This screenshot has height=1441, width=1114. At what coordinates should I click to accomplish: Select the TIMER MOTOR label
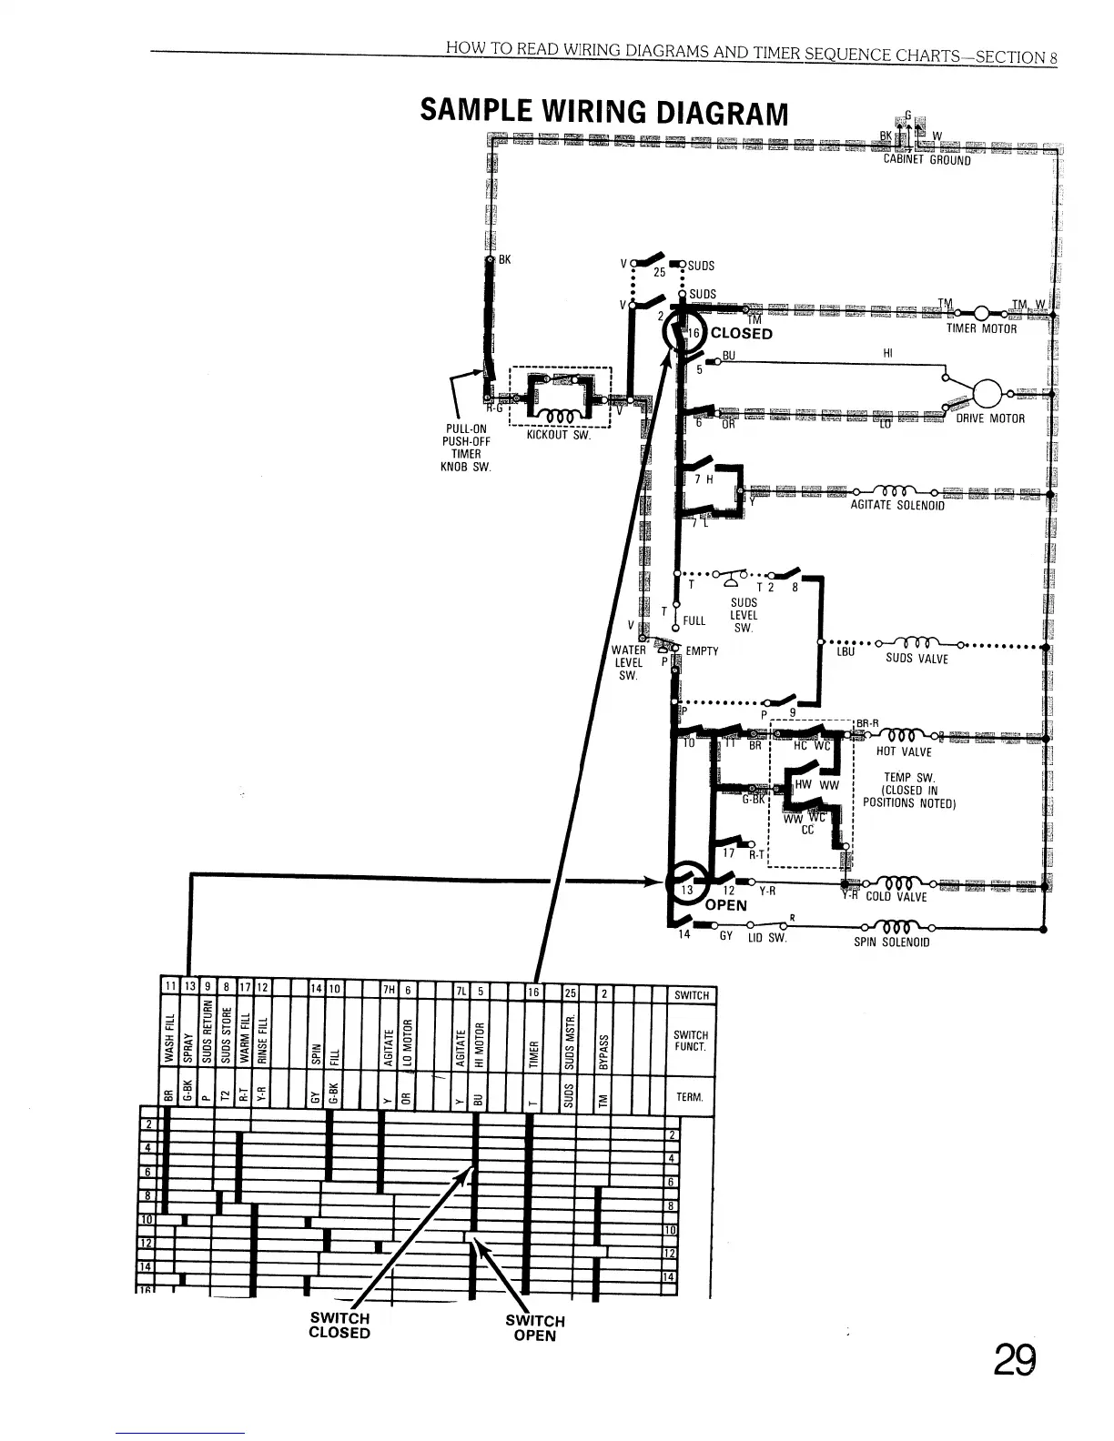pos(980,329)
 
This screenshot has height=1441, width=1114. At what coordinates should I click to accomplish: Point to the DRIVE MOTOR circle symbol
pos(987,395)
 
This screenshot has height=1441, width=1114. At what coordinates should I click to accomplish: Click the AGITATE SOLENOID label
pos(896,506)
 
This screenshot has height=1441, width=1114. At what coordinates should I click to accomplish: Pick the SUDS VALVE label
pos(917,659)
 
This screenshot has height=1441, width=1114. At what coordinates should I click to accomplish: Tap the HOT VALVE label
pos(903,752)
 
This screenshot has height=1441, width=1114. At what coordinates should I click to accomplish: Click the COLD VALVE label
pos(896,897)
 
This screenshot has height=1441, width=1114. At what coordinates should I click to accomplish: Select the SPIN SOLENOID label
pos(891,942)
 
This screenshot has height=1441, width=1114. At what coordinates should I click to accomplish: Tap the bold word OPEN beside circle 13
pos(725,905)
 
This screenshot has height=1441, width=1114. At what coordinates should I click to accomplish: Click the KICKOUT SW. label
pos(559,436)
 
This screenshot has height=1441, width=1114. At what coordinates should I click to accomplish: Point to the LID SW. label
pos(766,937)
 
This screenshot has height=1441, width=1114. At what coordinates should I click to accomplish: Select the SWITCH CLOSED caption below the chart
pos(339,1325)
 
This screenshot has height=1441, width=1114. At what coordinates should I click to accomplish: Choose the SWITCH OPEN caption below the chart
pos(535,1328)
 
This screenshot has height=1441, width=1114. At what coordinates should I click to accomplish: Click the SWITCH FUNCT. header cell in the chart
pos(691,1041)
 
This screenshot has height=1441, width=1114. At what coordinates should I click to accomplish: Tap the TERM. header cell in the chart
pos(691,1098)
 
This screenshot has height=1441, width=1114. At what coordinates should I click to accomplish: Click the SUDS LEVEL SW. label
pos(744,615)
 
